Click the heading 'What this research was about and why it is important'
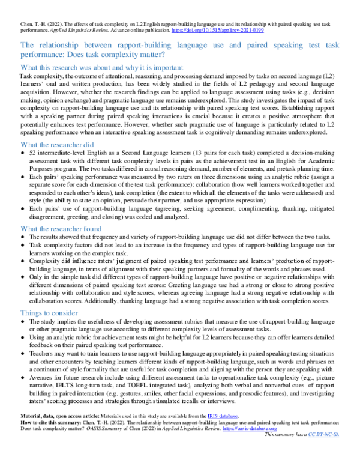click(101, 68)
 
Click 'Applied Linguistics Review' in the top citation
click(74, 29)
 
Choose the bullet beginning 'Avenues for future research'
click(180, 378)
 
